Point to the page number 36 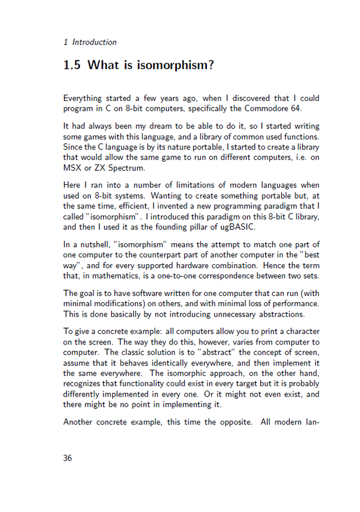pyautogui.click(x=68, y=458)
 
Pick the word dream pyautogui.click(x=164, y=125)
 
